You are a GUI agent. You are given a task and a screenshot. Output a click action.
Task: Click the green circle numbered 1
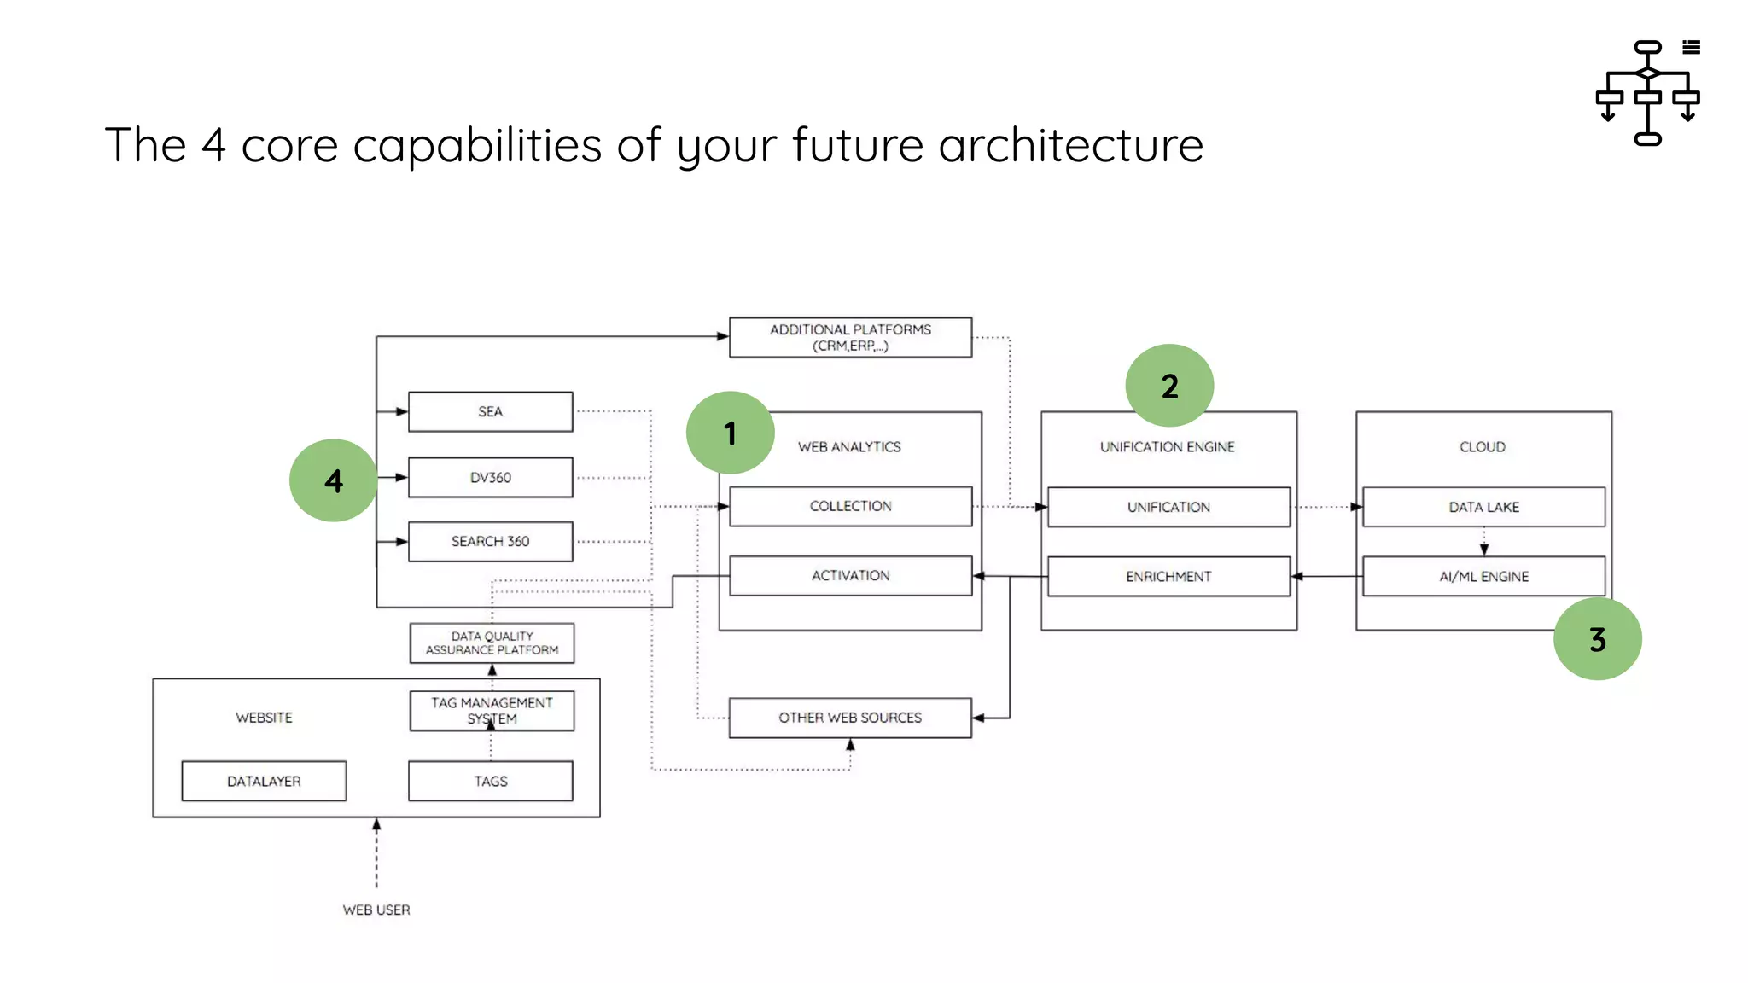point(730,433)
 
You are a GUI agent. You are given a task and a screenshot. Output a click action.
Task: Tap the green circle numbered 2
point(1169,386)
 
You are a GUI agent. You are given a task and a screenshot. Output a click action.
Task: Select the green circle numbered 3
point(1597,638)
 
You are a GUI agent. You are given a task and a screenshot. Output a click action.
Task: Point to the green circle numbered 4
point(334,480)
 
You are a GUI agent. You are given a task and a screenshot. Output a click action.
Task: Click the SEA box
point(490,411)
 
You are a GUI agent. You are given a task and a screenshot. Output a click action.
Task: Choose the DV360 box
point(490,477)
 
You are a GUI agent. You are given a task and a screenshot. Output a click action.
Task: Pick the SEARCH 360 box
point(490,541)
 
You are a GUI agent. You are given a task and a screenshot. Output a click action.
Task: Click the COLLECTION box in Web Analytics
point(850,506)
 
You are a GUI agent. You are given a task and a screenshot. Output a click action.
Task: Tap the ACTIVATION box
point(850,576)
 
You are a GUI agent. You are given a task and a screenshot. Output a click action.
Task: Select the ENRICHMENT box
point(1168,577)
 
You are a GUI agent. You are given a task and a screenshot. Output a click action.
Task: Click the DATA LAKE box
point(1483,507)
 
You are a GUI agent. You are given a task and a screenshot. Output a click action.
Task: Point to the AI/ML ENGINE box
point(1483,577)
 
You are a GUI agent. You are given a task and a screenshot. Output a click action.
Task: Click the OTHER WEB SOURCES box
point(850,718)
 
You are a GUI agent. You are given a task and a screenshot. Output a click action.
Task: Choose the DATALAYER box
point(264,781)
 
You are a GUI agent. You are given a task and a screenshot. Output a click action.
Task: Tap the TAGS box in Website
point(490,781)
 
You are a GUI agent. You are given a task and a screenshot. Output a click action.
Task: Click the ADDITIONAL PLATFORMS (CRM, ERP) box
point(850,337)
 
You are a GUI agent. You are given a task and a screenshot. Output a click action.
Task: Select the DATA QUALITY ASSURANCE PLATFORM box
point(492,643)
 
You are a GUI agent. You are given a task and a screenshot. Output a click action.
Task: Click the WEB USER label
point(376,910)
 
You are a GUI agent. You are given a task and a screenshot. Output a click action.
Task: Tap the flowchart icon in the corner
point(1647,92)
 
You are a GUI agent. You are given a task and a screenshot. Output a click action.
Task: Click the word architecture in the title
point(1071,145)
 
